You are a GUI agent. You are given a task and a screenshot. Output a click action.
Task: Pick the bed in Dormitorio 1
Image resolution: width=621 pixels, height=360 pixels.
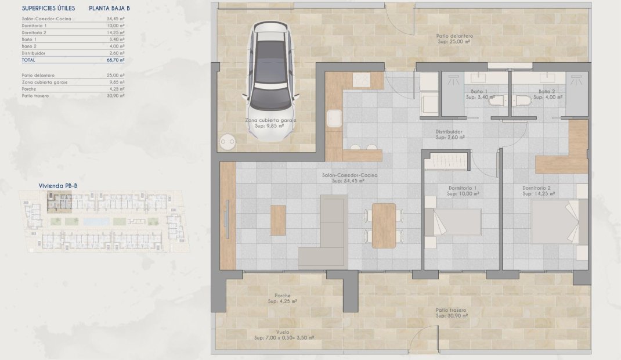tap(453, 221)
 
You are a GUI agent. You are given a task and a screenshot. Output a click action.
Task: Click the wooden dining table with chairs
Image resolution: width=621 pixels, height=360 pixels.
tap(384, 225)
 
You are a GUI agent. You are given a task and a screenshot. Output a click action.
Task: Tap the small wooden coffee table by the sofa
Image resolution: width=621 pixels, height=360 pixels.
tap(278, 221)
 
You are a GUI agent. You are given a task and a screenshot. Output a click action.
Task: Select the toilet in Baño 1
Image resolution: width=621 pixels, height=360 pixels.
tap(497, 101)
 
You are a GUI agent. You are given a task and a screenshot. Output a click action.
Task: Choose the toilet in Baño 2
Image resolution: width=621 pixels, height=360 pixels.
tap(521, 101)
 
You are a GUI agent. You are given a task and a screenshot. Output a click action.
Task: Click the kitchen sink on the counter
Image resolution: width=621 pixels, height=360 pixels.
tap(334, 118)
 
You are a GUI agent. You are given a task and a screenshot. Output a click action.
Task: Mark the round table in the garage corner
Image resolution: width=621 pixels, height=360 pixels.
tap(227, 142)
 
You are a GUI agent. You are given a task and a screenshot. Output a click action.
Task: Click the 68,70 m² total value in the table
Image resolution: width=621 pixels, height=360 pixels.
tap(117, 60)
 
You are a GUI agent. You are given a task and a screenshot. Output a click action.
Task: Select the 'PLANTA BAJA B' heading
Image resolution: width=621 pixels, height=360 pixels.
tap(109, 8)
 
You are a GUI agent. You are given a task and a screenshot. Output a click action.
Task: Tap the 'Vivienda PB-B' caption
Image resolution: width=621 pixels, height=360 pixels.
tap(58, 186)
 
